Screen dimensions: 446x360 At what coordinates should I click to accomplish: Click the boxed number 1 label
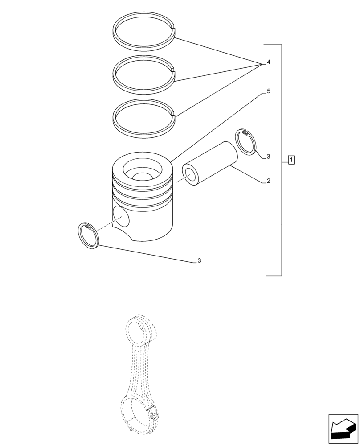pyautogui.click(x=291, y=159)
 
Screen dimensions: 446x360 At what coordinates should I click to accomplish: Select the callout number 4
pyautogui.click(x=269, y=62)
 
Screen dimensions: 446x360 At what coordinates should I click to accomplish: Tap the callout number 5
pyautogui.click(x=269, y=91)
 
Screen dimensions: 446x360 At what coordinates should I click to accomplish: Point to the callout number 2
pyautogui.click(x=269, y=181)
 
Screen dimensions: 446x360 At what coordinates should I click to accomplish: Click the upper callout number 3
pyautogui.click(x=269, y=157)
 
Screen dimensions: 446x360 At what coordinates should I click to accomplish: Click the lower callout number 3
pyautogui.click(x=199, y=260)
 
